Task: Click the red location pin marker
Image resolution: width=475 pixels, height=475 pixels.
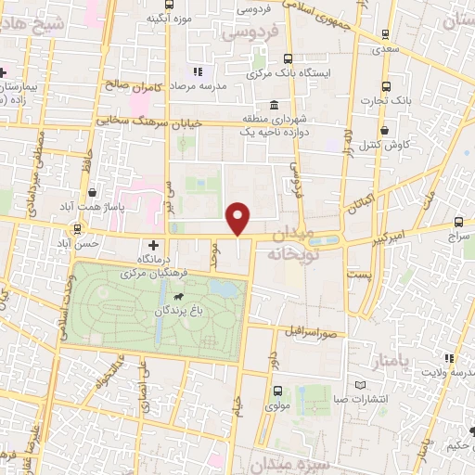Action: [239, 219]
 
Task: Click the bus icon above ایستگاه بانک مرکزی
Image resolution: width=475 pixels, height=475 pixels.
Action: [288, 57]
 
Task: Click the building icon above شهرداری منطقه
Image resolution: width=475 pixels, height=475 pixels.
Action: [273, 104]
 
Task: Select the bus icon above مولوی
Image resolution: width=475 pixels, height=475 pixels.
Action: [276, 392]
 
